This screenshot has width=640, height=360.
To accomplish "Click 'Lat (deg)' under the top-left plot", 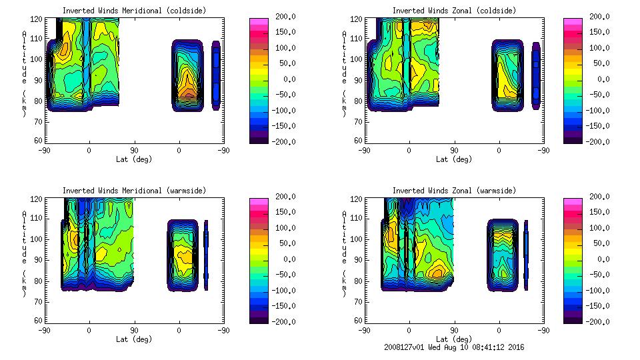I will click(134, 159).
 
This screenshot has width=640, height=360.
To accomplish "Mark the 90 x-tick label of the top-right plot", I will click(454, 151).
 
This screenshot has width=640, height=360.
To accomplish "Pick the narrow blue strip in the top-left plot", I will click(216, 75).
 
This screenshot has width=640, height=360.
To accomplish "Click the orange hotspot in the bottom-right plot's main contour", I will click(437, 272).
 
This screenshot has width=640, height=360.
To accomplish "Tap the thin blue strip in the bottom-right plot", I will click(525, 255).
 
